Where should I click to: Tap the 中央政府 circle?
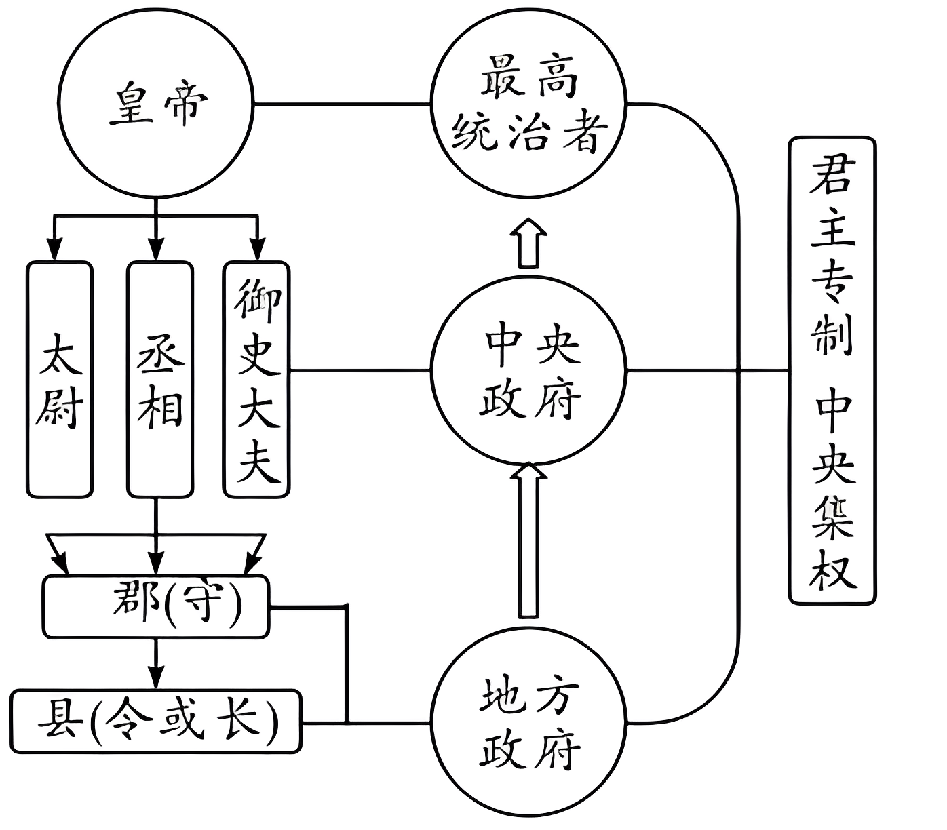pos(528,370)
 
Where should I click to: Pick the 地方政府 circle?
pos(528,722)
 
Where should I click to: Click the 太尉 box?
pos(60,380)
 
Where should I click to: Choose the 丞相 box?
pos(160,380)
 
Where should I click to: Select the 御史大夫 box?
pos(257,380)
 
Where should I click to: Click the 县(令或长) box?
pos(156,721)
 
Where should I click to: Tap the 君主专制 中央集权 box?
pos(832,370)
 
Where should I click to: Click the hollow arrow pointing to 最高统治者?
pos(528,243)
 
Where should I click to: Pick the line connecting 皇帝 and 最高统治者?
pos(343,104)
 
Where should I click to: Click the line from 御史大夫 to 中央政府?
pos(360,370)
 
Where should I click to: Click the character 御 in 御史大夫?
pos(257,298)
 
